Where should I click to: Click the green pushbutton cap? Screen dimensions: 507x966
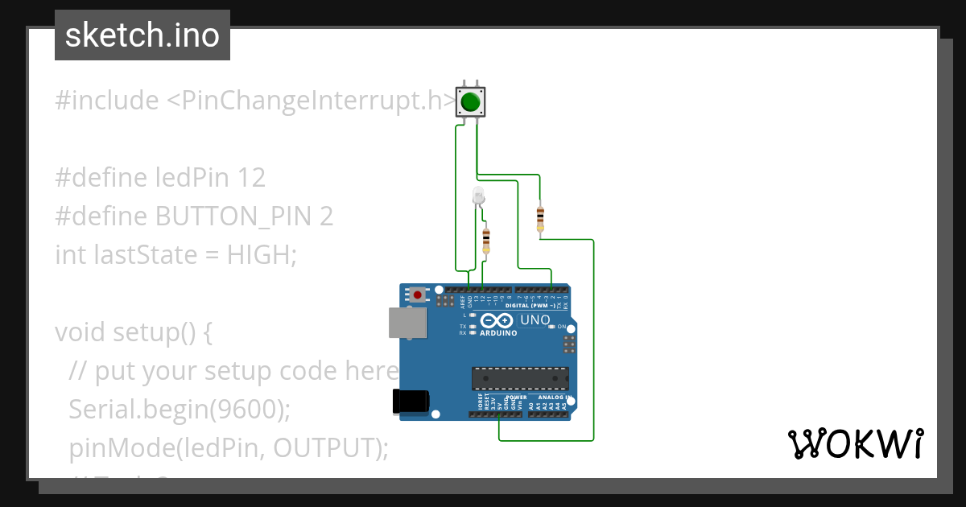point(471,102)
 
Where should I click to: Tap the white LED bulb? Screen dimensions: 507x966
point(478,195)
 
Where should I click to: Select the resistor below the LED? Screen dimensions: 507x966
point(485,240)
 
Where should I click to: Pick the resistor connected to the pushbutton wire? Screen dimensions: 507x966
point(539,217)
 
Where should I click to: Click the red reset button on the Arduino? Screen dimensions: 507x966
point(417,295)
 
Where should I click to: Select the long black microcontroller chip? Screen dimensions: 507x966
point(520,378)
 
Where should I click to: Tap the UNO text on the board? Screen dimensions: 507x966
point(535,320)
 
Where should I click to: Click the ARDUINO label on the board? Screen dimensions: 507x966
point(498,332)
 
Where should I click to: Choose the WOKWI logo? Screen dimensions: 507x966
point(855,444)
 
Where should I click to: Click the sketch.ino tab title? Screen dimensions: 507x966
point(142,35)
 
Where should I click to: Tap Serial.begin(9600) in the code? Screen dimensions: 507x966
point(179,410)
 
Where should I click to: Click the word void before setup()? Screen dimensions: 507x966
point(80,332)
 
